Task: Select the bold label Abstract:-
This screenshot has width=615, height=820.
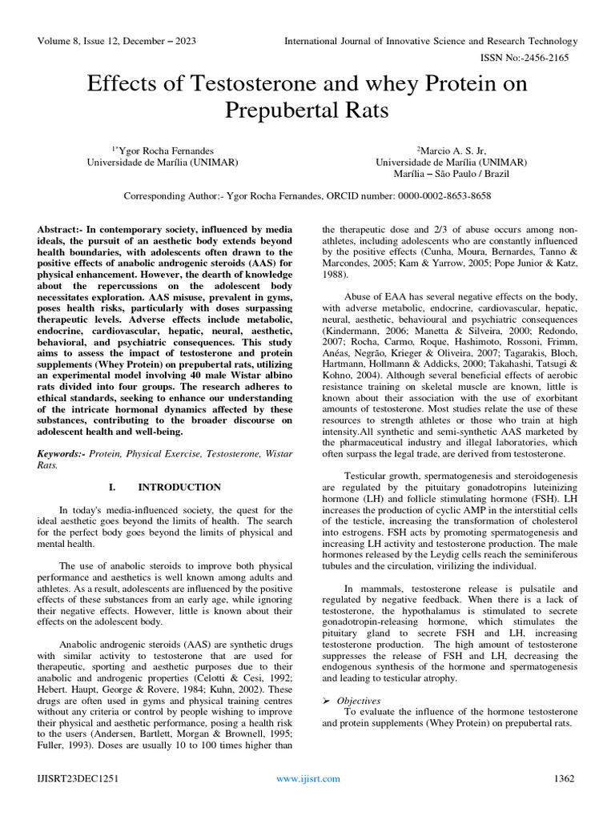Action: pyautogui.click(x=65, y=229)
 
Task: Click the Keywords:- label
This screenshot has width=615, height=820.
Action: pyautogui.click(x=62, y=453)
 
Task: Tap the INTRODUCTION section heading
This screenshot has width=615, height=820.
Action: pyautogui.click(x=179, y=487)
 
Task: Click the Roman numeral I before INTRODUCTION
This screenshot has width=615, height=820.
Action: pyautogui.click(x=110, y=487)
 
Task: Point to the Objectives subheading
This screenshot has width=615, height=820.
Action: pyautogui.click(x=359, y=700)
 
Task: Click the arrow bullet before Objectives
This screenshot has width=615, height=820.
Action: pyautogui.click(x=327, y=701)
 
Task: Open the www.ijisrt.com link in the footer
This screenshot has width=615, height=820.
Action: pyautogui.click(x=307, y=778)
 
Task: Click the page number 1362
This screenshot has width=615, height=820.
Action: pyautogui.click(x=565, y=778)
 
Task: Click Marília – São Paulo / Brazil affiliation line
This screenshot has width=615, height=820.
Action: pyautogui.click(x=451, y=173)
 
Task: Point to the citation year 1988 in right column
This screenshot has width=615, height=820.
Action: pyautogui.click(x=334, y=274)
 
